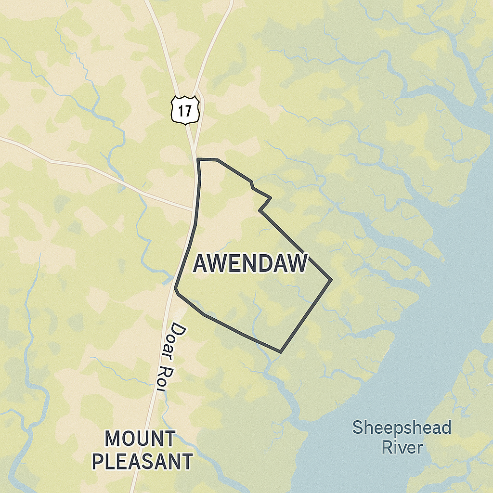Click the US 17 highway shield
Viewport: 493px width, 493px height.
(185, 110)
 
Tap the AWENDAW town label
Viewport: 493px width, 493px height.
(250, 264)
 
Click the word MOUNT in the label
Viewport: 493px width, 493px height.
(140, 439)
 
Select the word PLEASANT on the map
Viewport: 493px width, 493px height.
(142, 461)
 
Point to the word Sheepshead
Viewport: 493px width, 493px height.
(402, 428)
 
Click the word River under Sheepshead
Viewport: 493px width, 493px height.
(402, 447)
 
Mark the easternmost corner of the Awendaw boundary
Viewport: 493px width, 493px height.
(332, 279)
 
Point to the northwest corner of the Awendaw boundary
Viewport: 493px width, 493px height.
(198, 159)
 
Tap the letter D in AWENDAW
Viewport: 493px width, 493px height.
(270, 264)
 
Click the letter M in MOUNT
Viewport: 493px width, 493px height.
(113, 439)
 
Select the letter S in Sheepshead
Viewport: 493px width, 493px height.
(357, 428)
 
